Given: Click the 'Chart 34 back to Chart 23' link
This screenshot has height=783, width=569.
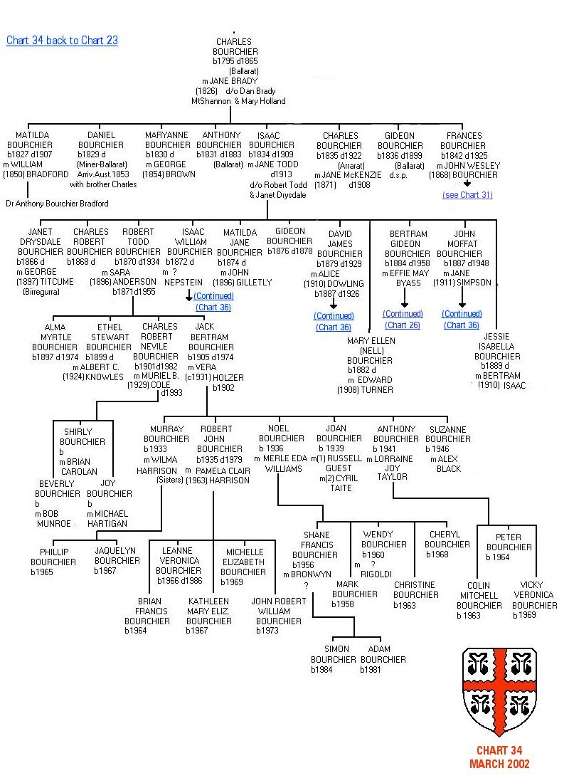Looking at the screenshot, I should [62, 41].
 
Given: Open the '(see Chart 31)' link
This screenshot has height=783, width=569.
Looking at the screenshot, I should [467, 195].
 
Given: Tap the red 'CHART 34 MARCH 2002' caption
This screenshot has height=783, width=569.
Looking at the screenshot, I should [499, 757].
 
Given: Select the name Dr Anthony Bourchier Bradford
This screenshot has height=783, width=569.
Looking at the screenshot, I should [57, 204].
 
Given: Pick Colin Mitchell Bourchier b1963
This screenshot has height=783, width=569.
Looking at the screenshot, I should [479, 600].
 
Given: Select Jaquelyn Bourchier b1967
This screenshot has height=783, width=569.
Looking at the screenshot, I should [117, 560].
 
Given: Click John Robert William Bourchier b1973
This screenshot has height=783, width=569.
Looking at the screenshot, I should [279, 616].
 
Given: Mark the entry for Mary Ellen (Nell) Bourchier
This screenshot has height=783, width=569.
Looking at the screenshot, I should [371, 365].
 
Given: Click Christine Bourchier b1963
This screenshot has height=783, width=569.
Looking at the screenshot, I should [416, 595].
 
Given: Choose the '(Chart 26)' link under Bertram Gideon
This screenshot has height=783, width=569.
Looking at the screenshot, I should [403, 325].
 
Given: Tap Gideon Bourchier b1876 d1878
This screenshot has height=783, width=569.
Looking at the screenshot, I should [289, 241].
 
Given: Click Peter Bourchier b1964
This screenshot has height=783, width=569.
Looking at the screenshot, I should [509, 547].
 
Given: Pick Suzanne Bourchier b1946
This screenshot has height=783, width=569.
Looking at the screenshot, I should [448, 448].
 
